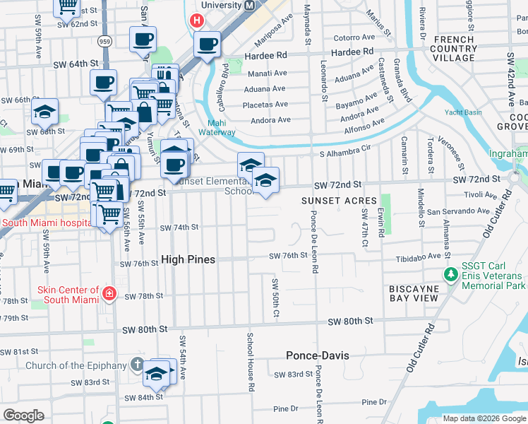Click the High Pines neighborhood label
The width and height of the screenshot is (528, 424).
pyautogui.click(x=188, y=259)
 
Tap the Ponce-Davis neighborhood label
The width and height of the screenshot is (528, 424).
pyautogui.click(x=318, y=355)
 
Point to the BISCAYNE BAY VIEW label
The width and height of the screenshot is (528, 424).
pyautogui.click(x=414, y=293)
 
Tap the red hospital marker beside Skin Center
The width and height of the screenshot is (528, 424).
pyautogui.click(x=109, y=293)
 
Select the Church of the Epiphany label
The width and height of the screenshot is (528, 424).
pyautogui.click(x=76, y=365)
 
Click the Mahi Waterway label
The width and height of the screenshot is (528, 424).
pyautogui.click(x=217, y=127)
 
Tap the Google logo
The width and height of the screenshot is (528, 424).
pyautogui.click(x=24, y=416)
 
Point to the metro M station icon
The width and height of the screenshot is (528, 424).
pyautogui.click(x=249, y=5)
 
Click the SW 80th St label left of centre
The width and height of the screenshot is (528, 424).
pyautogui.click(x=144, y=329)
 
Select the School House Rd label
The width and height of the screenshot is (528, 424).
pyautogui.click(x=250, y=362)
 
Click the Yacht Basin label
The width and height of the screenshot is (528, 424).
pyautogui.click(x=463, y=112)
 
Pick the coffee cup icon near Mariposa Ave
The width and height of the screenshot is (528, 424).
pyautogui.click(x=208, y=45)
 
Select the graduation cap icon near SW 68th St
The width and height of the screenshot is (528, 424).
pyautogui.click(x=44, y=112)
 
